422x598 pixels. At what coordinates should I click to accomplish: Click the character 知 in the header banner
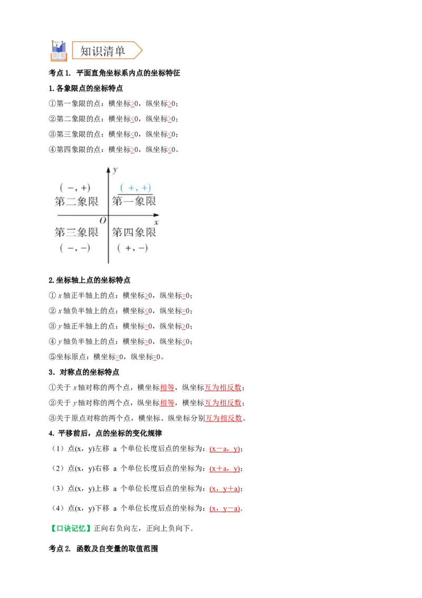86,51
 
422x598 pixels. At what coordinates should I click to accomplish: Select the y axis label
115,170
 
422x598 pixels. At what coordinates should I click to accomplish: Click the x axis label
156,222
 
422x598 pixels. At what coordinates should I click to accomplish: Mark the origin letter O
102,220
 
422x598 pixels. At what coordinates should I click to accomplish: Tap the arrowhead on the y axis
109,170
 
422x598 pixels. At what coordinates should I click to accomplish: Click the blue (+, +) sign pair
136,188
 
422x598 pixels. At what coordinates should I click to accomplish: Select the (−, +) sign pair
75,188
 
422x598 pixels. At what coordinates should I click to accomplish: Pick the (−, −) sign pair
75,248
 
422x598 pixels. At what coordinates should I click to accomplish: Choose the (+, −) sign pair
132,248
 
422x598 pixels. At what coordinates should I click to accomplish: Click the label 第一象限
134,201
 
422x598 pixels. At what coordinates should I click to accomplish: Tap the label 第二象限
76,201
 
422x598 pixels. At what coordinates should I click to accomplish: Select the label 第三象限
76,232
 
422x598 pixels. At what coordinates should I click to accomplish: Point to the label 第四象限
134,232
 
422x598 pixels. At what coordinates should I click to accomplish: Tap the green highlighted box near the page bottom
72,528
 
